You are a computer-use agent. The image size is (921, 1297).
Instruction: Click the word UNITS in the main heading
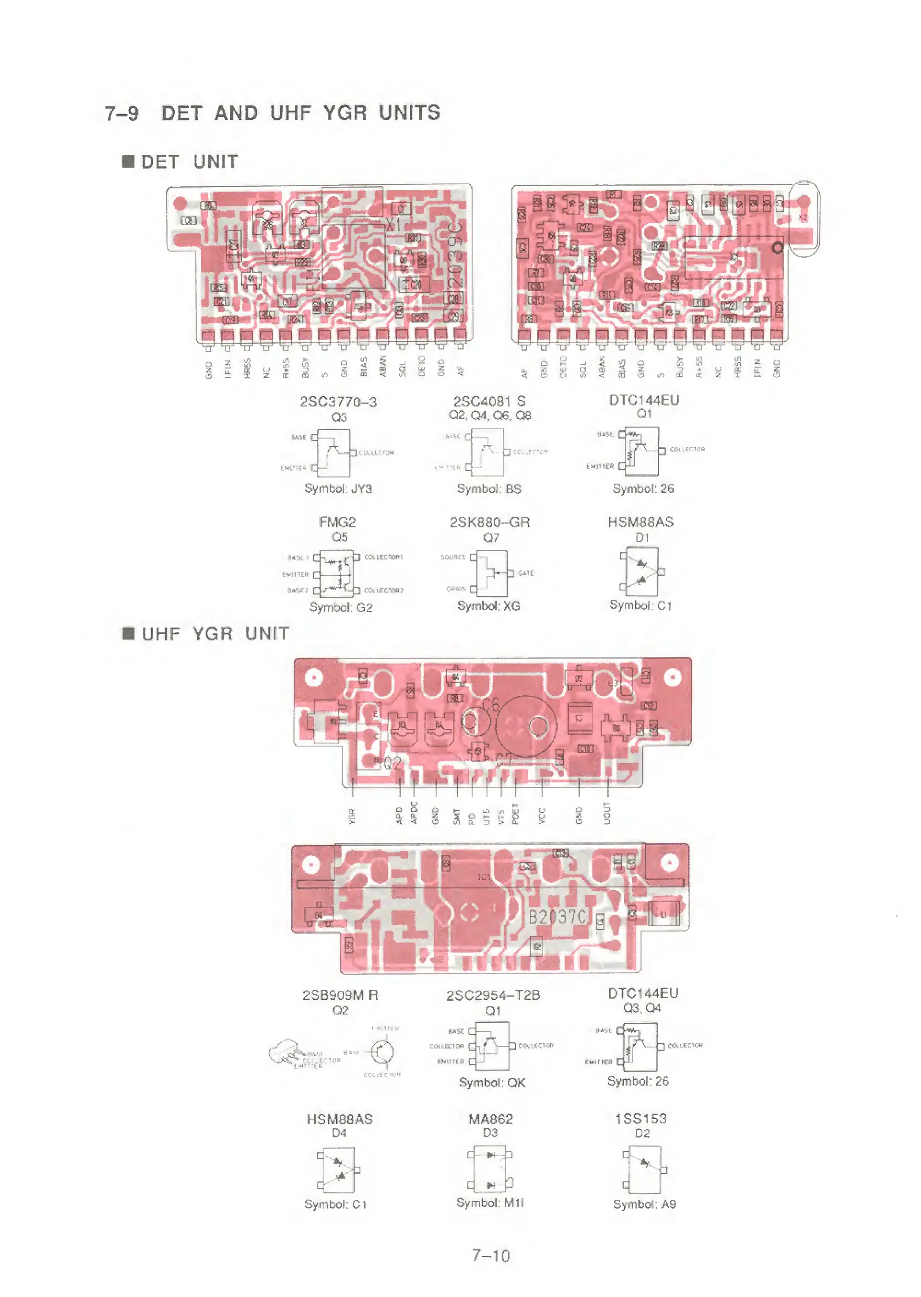tap(409, 113)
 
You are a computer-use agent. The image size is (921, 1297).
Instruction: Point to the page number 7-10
tap(491, 1256)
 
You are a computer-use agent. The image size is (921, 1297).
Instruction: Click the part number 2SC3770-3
tap(338, 402)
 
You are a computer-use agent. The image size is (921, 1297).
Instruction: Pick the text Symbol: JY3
tap(338, 489)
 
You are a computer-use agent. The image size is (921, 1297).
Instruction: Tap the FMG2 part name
tap(338, 522)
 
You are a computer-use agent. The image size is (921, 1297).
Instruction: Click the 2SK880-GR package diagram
tap(492, 573)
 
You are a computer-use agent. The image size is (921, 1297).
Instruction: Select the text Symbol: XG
tap(489, 606)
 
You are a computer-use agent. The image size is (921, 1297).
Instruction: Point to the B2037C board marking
tap(558, 917)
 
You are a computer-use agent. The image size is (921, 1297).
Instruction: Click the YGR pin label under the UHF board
tap(352, 816)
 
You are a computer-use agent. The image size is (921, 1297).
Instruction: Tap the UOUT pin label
tap(607, 813)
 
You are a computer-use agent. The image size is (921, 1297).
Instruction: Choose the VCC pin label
tap(542, 816)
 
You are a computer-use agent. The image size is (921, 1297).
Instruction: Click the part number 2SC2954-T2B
tap(493, 995)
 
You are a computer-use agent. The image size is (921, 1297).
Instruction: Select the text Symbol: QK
tap(492, 1083)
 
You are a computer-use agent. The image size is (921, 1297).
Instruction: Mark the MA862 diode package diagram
tap(490, 1169)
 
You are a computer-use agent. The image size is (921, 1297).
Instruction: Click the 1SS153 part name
tap(641, 1119)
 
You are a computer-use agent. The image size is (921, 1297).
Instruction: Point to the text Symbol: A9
tap(644, 1204)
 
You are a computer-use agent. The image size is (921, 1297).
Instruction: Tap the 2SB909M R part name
tap(340, 995)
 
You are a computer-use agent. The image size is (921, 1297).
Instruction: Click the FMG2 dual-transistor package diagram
tap(338, 573)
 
